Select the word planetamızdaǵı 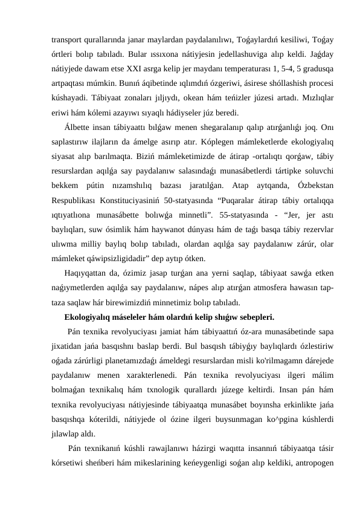click(x=127, y=360)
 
